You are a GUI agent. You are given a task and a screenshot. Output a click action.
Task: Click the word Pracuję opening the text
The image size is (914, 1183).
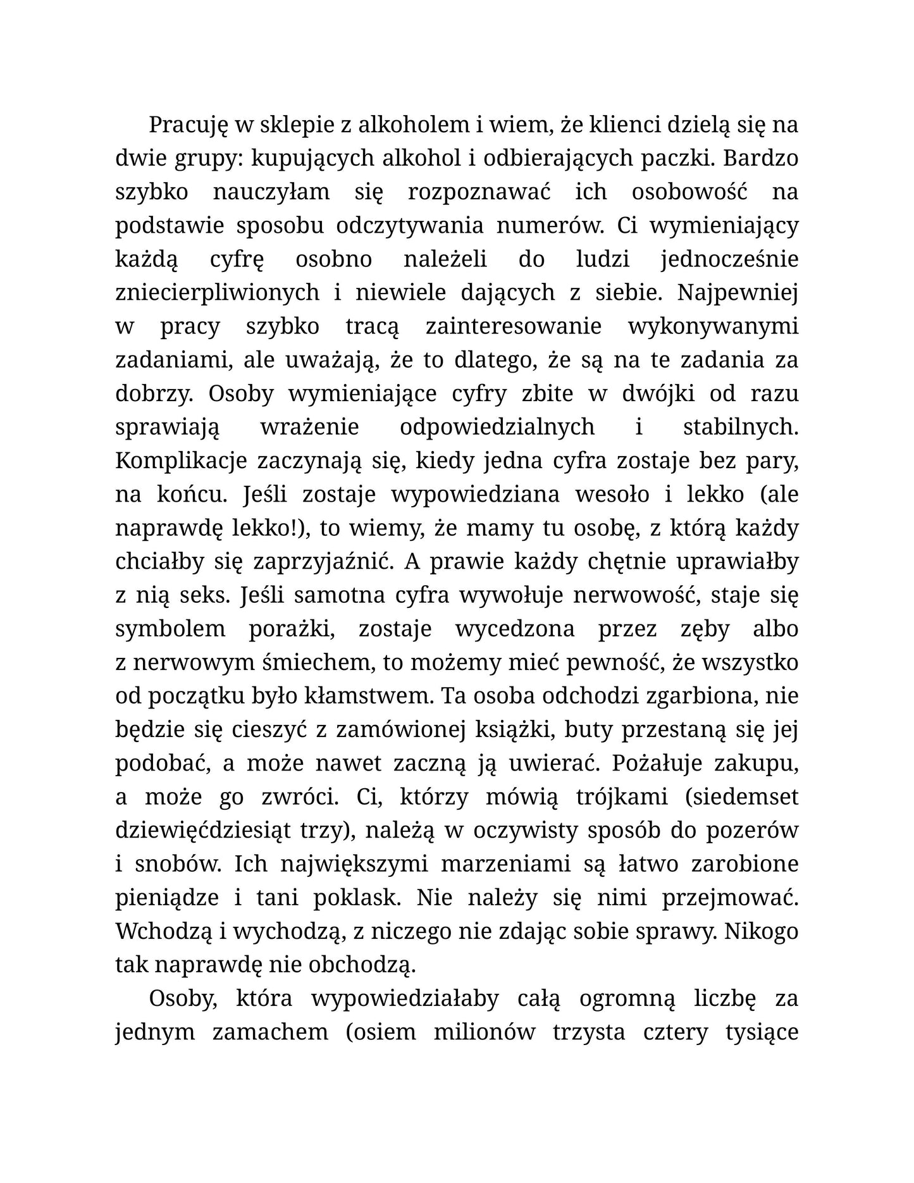[x=188, y=125]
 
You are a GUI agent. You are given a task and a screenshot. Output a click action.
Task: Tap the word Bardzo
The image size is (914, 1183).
[x=760, y=159]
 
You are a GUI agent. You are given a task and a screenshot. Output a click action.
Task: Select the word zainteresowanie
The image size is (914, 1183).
[x=513, y=327]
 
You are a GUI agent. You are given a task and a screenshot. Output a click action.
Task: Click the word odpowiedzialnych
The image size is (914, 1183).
[x=497, y=428]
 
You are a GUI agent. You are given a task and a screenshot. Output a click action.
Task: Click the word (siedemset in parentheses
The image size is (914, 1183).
[x=741, y=797]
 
